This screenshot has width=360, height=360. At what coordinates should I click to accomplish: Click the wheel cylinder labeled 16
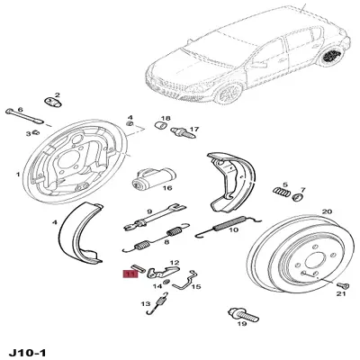[x=154, y=179]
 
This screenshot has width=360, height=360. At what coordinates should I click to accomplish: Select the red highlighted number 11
[x=130, y=274]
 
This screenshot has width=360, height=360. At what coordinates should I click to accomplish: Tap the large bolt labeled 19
[x=243, y=314]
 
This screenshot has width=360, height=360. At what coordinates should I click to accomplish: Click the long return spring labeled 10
[x=228, y=227]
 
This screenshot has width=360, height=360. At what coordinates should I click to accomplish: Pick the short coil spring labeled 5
[x=282, y=192]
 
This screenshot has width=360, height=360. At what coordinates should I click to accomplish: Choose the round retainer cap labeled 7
[x=298, y=197]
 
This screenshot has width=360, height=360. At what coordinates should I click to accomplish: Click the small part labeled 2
[x=54, y=102]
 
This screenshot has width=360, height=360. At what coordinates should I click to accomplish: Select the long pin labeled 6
[x=24, y=116]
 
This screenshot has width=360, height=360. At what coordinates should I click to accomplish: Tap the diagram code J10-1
[x=28, y=353]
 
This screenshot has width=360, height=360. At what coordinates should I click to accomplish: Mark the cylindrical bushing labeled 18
[x=161, y=125]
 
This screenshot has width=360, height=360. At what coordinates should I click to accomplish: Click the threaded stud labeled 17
[x=184, y=132]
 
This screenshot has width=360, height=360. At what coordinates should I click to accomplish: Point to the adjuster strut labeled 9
[x=154, y=217]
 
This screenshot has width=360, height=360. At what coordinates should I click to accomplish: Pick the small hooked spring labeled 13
[x=157, y=303]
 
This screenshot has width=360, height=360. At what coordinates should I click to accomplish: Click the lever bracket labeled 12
[x=163, y=271]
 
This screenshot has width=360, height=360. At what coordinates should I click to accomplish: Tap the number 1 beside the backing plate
[x=18, y=174]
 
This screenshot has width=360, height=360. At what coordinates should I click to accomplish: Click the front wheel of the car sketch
[x=230, y=94]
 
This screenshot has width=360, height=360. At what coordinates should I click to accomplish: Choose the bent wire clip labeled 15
[x=187, y=280]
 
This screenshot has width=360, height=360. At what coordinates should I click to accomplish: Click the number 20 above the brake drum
[x=327, y=211]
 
